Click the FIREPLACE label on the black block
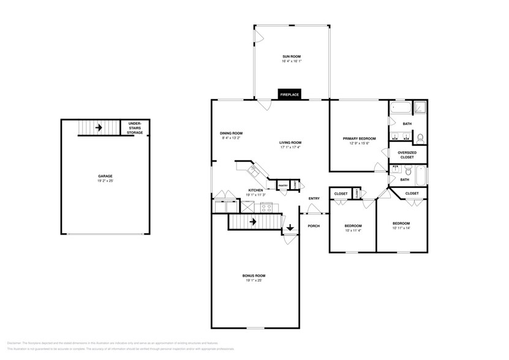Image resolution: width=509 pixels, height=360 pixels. point(290,95)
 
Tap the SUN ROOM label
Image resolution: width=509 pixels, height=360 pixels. point(292,57)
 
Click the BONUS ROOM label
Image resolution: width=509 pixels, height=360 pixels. point(254,276)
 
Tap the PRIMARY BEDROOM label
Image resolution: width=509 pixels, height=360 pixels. point(359,138)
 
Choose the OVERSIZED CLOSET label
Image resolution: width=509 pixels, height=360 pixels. point(407,154)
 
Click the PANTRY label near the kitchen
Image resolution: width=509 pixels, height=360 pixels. point(283,186)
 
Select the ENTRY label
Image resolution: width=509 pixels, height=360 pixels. point(314,198)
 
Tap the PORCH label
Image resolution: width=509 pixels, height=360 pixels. point(314,225)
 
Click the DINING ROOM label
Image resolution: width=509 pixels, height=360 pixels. point(232,133)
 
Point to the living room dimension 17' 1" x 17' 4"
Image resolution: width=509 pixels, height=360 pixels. point(291,148)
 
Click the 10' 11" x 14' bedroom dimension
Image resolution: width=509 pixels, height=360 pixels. point(401,228)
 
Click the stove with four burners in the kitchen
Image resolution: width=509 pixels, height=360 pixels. point(266,207)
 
